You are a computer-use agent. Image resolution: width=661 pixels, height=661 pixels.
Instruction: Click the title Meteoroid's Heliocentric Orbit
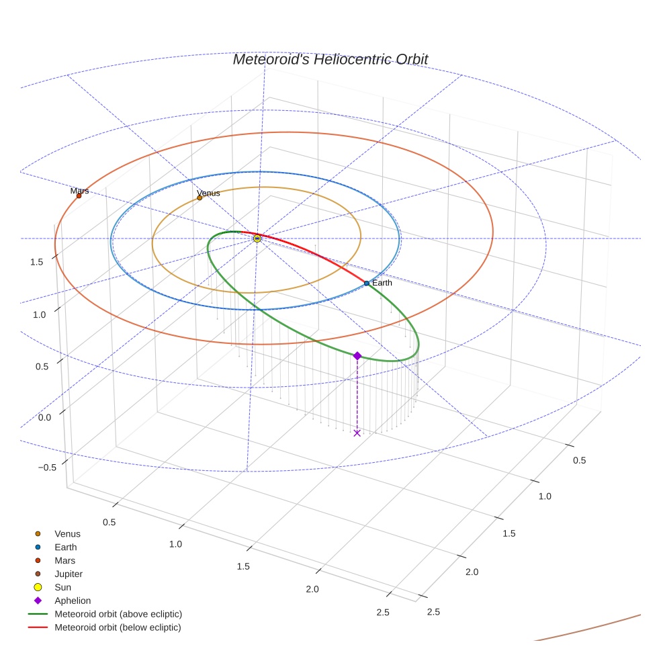coord(330,59)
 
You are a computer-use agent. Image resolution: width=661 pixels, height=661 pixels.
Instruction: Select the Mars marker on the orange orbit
coord(79,195)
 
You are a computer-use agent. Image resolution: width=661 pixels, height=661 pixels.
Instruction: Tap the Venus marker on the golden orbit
coord(200,197)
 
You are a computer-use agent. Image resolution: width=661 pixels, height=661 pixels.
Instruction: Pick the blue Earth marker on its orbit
coord(366,283)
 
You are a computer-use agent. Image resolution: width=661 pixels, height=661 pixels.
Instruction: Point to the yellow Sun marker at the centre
coord(257,238)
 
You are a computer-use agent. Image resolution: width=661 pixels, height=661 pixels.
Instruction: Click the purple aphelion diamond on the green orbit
coord(357,355)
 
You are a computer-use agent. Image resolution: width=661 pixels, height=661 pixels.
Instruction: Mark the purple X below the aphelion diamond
coord(357,433)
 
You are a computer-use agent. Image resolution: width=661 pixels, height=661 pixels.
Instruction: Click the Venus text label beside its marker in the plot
coord(208,193)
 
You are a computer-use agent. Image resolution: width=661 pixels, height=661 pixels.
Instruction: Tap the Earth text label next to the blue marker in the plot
coord(382,283)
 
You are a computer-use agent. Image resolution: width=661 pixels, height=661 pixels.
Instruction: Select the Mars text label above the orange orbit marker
coord(79,191)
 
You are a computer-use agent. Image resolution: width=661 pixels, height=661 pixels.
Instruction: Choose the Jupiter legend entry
coord(69,574)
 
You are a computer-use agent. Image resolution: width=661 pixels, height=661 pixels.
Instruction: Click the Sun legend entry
coord(62,587)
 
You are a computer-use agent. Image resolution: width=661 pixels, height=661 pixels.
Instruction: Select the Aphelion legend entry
coord(73,601)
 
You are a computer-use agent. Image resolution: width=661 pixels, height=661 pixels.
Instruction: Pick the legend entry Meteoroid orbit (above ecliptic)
coord(118,614)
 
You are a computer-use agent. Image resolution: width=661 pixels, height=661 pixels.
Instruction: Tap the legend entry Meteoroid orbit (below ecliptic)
coord(118,627)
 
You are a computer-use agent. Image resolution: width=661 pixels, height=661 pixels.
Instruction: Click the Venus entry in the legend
coord(67,533)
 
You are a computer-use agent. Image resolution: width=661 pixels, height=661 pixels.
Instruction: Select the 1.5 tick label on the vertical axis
coord(38,261)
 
